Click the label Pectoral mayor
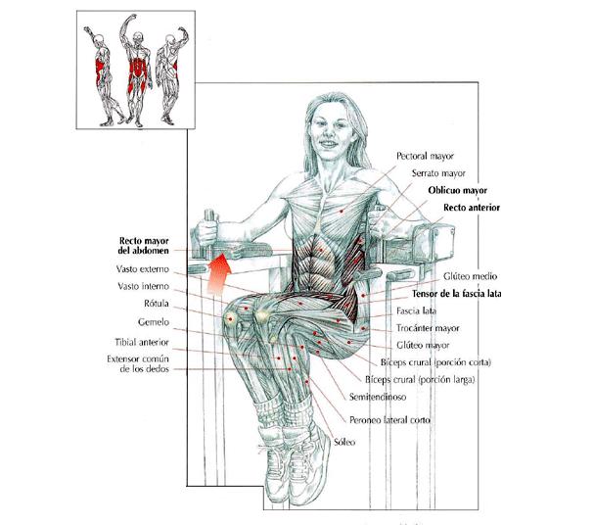coord(425,156)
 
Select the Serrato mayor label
coord(438,173)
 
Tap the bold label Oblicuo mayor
coord(458,190)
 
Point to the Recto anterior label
coord(472,208)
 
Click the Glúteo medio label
coord(470,276)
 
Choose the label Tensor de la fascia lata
coord(456,294)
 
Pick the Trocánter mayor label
coord(428,328)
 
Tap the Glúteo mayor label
coord(423,346)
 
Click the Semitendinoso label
coord(378,397)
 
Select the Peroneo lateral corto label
coord(389,420)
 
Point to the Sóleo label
coord(344,442)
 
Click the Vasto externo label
coord(143,269)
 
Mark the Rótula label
coord(156,304)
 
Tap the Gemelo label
coord(153,322)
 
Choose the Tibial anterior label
coord(142,342)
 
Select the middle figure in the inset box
coord(136,71)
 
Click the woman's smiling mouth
coord(329,144)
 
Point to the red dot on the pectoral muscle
coord(341,212)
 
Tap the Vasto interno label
coord(143,286)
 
